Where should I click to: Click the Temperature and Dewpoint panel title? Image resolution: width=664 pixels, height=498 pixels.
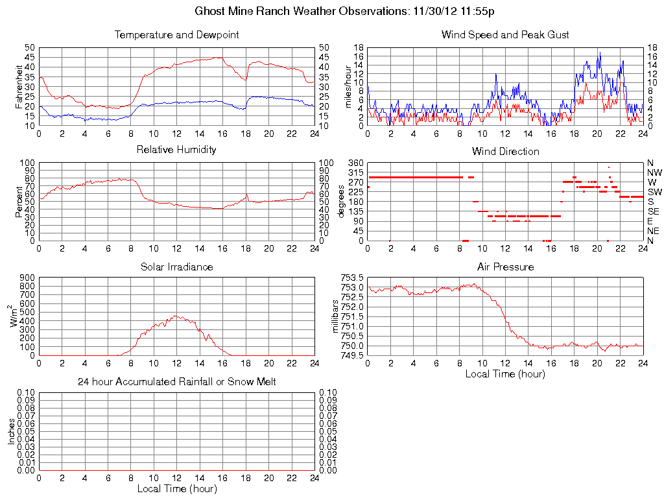[x=176, y=34]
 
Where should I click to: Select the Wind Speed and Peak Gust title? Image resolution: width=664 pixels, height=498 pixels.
[x=505, y=34]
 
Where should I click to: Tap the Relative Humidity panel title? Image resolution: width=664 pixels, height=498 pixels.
[x=176, y=150]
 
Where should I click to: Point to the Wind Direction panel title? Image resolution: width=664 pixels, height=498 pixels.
[x=505, y=151]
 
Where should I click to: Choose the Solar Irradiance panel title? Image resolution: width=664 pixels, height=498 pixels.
[x=176, y=267]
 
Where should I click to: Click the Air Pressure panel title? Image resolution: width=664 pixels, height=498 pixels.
[x=505, y=267]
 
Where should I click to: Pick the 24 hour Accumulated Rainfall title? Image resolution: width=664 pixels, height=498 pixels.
[x=176, y=382]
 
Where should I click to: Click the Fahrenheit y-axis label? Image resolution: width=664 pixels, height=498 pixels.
[x=19, y=86]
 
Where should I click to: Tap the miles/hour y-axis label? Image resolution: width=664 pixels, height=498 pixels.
[x=348, y=86]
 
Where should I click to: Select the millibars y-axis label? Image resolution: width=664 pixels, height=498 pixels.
[x=335, y=316]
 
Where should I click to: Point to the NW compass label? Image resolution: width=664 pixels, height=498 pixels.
[x=654, y=172]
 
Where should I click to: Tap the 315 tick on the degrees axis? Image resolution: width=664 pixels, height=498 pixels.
[x=355, y=172]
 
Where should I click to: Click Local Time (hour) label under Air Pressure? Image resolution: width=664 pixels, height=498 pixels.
[x=505, y=373]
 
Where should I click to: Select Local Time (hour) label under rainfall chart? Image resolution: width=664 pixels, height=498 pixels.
[x=176, y=488]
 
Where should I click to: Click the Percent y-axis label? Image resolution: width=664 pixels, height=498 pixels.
[x=19, y=202]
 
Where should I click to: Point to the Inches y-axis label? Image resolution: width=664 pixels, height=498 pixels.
[x=11, y=431]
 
